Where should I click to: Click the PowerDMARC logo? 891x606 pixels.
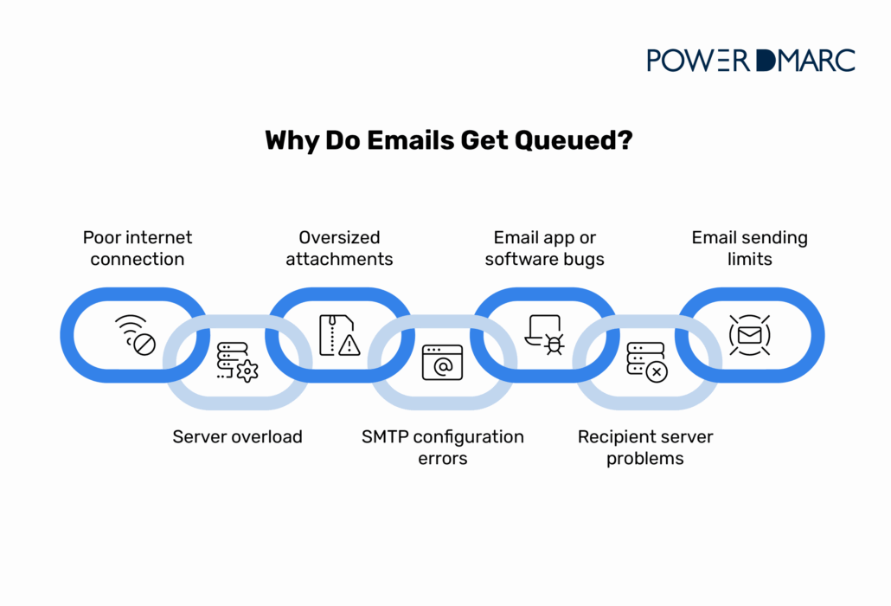coord(751,61)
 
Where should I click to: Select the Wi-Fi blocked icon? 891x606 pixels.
coord(136,335)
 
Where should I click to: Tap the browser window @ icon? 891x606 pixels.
coord(443,362)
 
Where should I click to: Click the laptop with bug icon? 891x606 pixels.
coord(544,335)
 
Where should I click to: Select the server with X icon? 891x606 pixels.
coord(647,362)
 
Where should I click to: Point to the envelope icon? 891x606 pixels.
coord(749,335)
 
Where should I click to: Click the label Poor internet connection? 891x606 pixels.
coord(138,248)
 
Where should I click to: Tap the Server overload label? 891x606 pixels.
coord(238,436)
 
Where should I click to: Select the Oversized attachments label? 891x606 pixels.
coord(339,248)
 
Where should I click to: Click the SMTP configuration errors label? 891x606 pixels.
coord(443,448)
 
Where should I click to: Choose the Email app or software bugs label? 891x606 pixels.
coord(544,248)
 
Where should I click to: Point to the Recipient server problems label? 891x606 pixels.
coord(645,448)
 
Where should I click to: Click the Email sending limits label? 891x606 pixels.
coord(749,248)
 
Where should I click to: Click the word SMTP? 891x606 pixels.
coord(385,436)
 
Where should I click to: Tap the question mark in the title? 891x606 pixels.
coord(625,140)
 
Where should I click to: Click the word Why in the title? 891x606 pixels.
coord(292,141)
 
